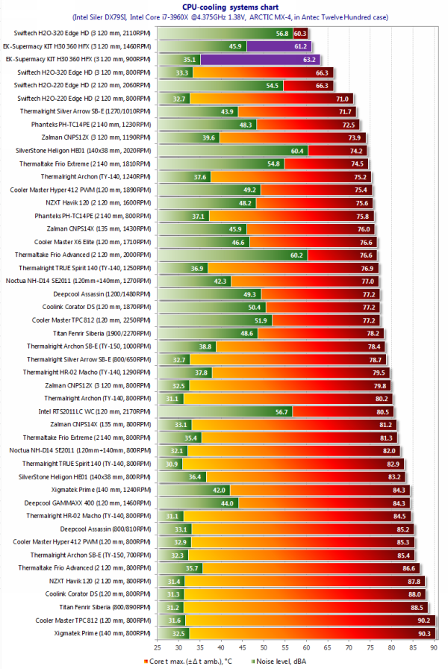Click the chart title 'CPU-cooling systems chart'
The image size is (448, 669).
click(x=225, y=6)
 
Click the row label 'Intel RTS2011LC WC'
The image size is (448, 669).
click(x=95, y=411)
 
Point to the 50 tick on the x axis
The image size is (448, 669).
click(x=289, y=647)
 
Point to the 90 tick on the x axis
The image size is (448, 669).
click(x=423, y=647)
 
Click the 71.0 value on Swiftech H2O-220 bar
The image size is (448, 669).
click(x=343, y=99)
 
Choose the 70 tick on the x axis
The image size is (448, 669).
click(x=356, y=647)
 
